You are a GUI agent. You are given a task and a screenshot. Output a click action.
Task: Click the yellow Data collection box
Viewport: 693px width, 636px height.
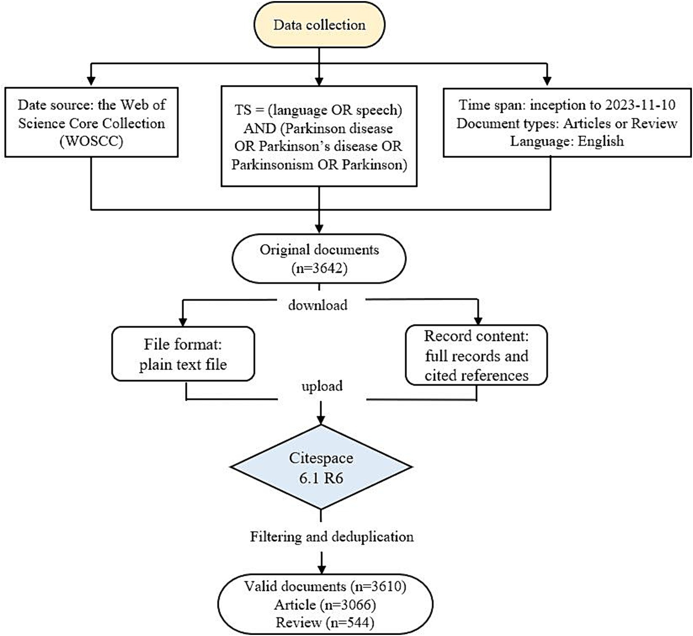pyautogui.click(x=319, y=24)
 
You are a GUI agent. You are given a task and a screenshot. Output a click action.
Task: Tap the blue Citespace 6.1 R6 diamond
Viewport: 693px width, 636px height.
pyautogui.click(x=321, y=467)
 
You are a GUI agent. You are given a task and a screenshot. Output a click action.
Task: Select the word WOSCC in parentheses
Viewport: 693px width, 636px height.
pyautogui.click(x=92, y=141)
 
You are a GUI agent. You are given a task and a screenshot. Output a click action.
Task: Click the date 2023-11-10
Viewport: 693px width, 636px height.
pyautogui.click(x=640, y=105)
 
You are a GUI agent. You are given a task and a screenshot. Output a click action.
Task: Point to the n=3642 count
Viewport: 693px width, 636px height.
pyautogui.click(x=319, y=268)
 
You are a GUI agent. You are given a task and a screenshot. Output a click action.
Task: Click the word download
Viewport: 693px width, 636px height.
pyautogui.click(x=318, y=305)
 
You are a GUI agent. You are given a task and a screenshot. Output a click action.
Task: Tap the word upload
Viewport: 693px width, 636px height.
pyautogui.click(x=322, y=386)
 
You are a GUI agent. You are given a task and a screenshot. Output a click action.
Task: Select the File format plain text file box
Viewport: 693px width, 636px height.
pyautogui.click(x=183, y=354)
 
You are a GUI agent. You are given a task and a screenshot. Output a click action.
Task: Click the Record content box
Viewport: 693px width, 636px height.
pyautogui.click(x=476, y=355)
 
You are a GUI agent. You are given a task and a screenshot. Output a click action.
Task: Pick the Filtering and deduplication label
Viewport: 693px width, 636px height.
pyautogui.click(x=332, y=537)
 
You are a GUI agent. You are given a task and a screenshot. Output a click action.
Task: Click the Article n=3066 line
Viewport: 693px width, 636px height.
pyautogui.click(x=325, y=605)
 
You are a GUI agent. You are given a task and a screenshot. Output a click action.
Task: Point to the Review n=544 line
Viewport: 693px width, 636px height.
pyautogui.click(x=325, y=623)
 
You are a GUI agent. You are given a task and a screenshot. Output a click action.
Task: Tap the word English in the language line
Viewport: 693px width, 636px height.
pyautogui.click(x=601, y=141)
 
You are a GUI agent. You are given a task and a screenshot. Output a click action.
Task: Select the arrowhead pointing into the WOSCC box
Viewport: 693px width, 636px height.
pyautogui.click(x=91, y=81)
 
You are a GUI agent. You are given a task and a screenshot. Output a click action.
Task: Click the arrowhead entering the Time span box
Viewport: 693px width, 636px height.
pyautogui.click(x=547, y=81)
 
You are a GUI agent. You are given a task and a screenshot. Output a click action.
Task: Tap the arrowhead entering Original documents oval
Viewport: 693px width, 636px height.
pyautogui.click(x=319, y=228)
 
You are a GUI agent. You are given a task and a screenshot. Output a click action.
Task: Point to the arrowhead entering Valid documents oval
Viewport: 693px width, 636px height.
pyautogui.click(x=322, y=569)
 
